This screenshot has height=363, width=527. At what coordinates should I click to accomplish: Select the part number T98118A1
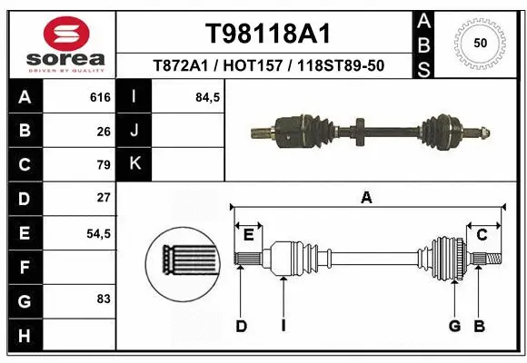click(267, 34)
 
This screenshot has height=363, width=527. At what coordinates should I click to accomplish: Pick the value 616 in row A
click(100, 97)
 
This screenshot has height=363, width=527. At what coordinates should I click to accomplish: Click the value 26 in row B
click(104, 132)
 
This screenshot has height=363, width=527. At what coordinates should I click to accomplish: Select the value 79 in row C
click(104, 165)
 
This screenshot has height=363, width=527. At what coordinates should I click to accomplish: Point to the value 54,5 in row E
click(98, 233)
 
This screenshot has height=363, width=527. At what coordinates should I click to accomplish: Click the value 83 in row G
click(104, 299)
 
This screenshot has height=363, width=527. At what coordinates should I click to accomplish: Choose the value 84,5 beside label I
click(208, 97)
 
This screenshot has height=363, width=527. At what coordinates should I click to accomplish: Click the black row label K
click(135, 165)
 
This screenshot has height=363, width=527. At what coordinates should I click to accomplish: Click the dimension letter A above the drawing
click(367, 197)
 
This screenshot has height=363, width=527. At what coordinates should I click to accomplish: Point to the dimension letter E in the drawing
click(248, 235)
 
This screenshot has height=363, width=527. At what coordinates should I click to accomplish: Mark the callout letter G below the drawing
click(453, 325)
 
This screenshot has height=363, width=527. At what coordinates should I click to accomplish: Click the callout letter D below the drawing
click(241, 325)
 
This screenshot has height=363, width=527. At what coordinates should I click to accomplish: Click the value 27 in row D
click(104, 197)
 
